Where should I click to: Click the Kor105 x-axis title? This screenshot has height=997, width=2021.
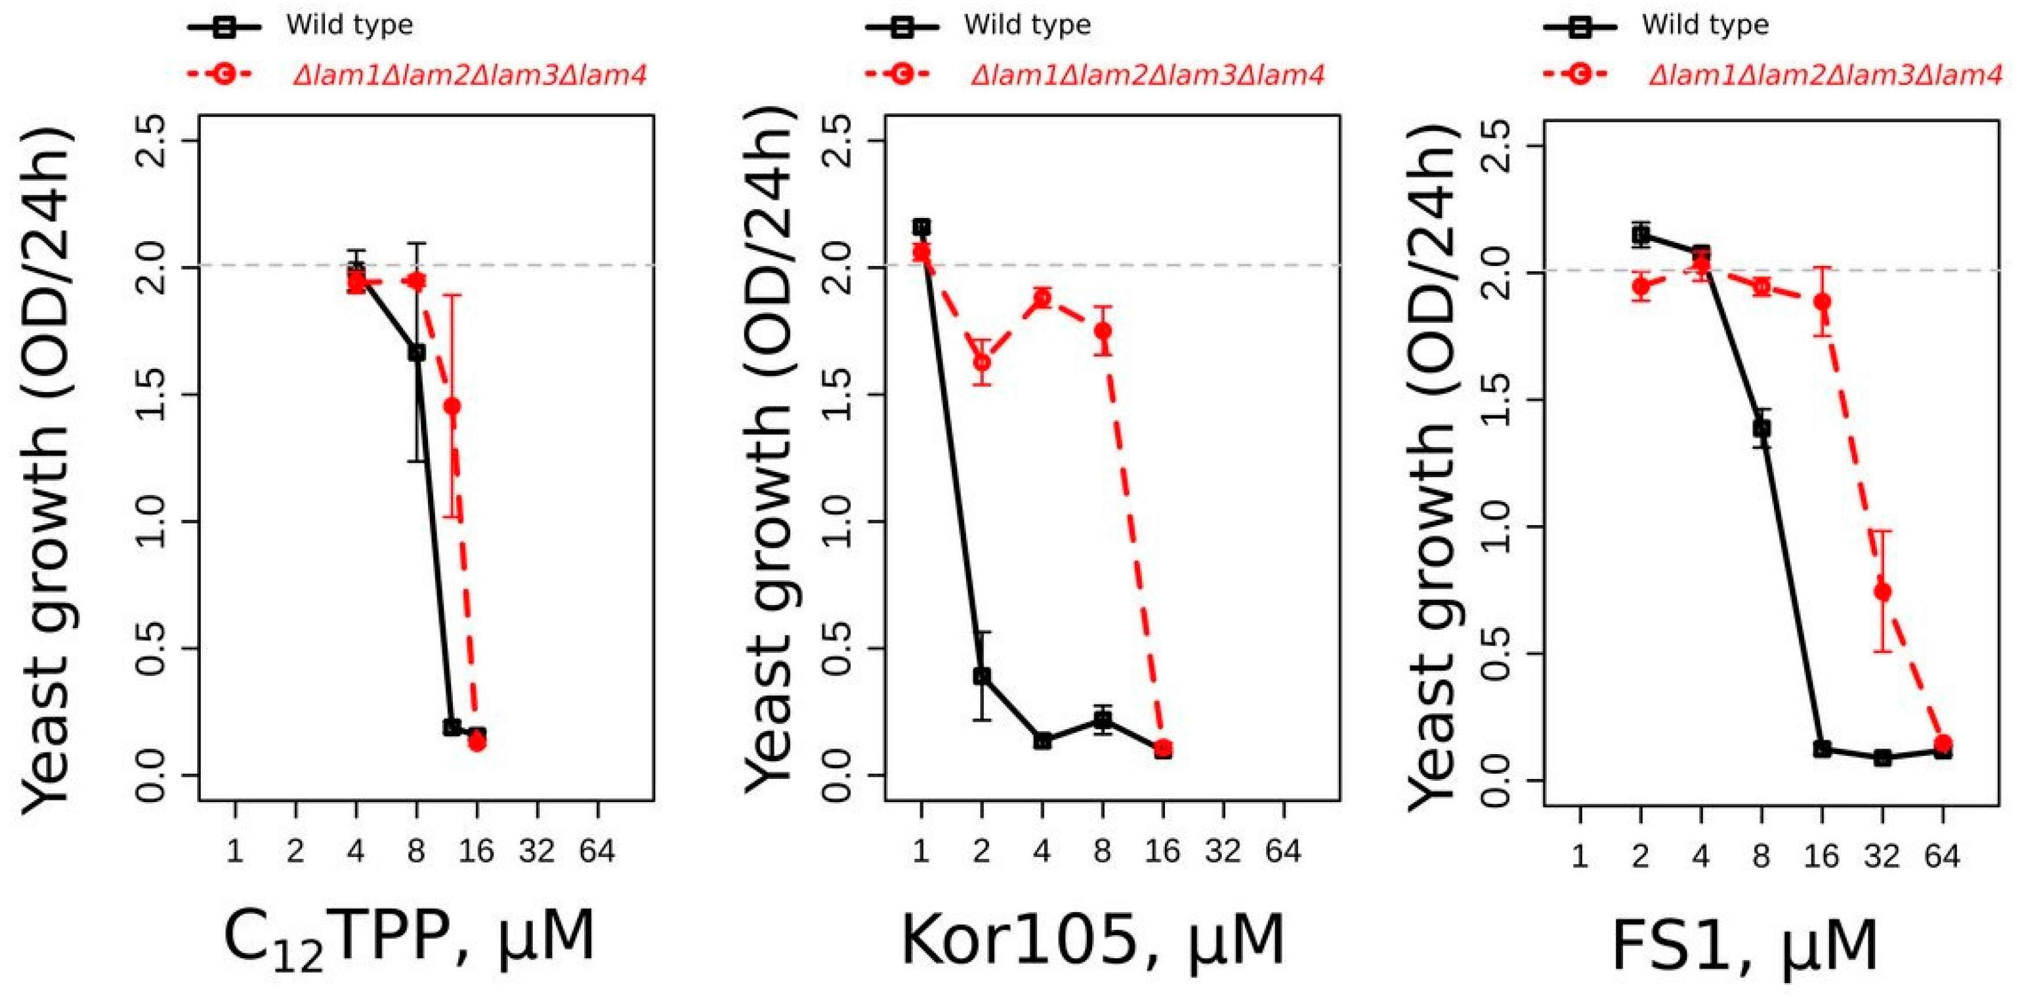[1092, 939]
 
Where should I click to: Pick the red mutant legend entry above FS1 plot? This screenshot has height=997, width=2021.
[1825, 75]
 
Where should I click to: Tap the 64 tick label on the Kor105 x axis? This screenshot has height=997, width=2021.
[1284, 851]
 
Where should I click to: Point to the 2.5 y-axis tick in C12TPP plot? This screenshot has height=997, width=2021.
[150, 141]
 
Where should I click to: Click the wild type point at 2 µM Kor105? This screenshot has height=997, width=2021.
[982, 676]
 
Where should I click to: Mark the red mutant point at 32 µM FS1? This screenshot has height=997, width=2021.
[1882, 590]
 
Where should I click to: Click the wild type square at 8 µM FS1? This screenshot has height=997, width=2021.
[1761, 429]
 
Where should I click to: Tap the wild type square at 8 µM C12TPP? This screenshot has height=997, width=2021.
[416, 353]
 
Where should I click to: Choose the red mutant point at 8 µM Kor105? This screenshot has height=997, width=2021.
[1103, 330]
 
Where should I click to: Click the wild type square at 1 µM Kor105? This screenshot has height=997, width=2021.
[922, 227]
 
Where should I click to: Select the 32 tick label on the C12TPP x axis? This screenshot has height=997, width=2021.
[537, 851]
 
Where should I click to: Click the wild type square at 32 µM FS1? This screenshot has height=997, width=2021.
[1882, 758]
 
